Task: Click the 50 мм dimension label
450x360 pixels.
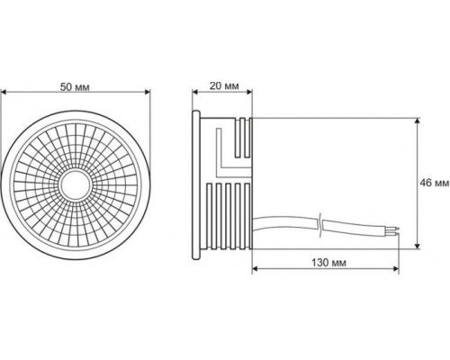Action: [x=75, y=87]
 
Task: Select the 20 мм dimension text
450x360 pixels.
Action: [x=224, y=85]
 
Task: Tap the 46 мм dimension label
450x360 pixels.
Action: [x=435, y=183]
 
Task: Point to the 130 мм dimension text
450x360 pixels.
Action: [x=328, y=263]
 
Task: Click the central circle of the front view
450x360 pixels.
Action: [x=75, y=184]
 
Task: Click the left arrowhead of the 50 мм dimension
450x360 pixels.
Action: [x=4, y=92]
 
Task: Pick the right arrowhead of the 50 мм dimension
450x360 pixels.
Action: [x=147, y=92]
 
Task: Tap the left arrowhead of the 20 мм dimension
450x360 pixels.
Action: [x=195, y=92]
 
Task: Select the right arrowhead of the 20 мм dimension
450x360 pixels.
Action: [x=248, y=92]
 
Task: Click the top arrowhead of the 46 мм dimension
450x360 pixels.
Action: [x=417, y=121]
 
